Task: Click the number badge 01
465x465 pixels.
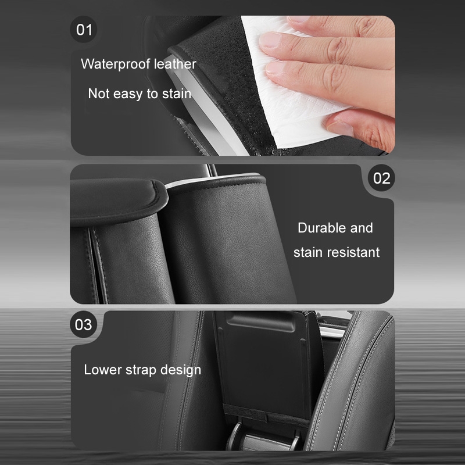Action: pos(84,30)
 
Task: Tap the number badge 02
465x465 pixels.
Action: pos(381,178)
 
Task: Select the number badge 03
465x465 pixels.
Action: pos(84,324)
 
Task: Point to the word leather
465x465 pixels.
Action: pos(175,64)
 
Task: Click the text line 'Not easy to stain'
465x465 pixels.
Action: pos(139,94)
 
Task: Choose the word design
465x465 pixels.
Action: pos(181,370)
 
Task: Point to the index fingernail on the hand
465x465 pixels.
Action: pos(270,40)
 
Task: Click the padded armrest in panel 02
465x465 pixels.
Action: pos(117,202)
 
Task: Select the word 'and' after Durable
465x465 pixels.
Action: pos(362,228)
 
